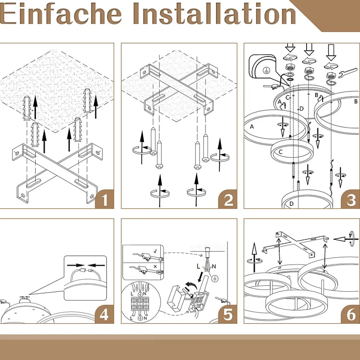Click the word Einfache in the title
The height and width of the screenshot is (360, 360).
click(60, 14)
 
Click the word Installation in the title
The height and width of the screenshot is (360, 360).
click(214, 14)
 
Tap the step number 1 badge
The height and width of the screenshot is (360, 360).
click(105, 199)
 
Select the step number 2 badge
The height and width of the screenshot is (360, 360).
click(228, 199)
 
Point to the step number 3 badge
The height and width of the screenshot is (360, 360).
click(350, 199)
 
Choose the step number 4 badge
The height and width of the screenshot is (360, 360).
click(105, 314)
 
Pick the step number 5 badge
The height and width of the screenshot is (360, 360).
click(228, 314)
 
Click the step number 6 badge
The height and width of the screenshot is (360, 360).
click(350, 314)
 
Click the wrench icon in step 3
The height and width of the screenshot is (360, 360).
click(348, 73)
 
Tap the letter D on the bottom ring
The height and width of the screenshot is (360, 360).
click(291, 204)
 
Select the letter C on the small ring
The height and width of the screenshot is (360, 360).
click(281, 152)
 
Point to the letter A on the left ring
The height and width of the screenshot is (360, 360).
click(252, 126)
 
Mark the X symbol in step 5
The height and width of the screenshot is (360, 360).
click(155, 267)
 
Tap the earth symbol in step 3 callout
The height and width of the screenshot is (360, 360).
click(266, 70)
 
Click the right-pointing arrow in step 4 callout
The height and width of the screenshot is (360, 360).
click(76, 265)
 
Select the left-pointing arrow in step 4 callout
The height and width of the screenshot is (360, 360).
click(96, 265)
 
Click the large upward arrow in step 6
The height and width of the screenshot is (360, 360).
click(254, 257)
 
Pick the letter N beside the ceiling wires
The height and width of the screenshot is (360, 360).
click(214, 266)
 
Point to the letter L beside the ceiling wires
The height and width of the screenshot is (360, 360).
click(199, 266)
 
